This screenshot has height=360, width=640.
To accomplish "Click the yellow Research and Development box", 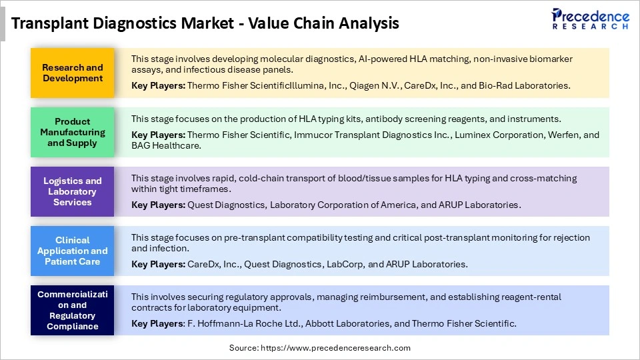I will coord(73,73).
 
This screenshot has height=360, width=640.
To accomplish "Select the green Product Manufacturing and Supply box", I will coord(73,132).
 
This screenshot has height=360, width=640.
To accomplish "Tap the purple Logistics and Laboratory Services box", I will coord(73,191).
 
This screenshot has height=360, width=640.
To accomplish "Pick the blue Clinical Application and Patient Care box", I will coord(73,251).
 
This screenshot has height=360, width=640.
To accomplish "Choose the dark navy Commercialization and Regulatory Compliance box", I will coord(73,310).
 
